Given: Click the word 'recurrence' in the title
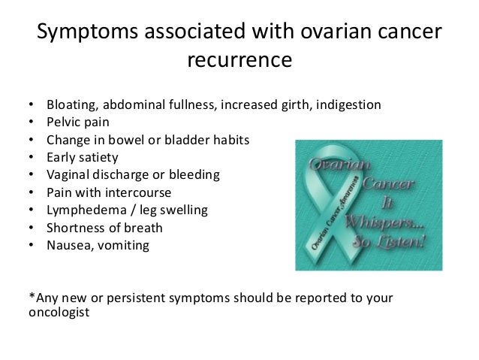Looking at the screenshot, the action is pyautogui.click(x=239, y=59).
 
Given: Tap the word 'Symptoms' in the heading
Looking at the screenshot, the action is pyautogui.click(x=88, y=32).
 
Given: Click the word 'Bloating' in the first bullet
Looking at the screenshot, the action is pyautogui.click(x=72, y=105).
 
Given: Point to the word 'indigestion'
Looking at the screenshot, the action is pyautogui.click(x=348, y=105).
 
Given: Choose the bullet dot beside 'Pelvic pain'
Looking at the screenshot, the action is pyautogui.click(x=32, y=122).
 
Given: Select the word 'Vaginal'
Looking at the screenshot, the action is pyautogui.click(x=68, y=175).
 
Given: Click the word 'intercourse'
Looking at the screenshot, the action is pyautogui.click(x=138, y=192).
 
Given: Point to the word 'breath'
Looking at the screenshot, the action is pyautogui.click(x=143, y=228).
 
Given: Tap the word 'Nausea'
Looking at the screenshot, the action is pyautogui.click(x=70, y=245).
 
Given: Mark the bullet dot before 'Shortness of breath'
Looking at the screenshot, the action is pyautogui.click(x=32, y=228).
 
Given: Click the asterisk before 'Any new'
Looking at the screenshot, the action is pyautogui.click(x=32, y=295).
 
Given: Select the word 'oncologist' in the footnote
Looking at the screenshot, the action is pyautogui.click(x=59, y=313).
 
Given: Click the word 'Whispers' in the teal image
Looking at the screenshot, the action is pyautogui.click(x=384, y=222).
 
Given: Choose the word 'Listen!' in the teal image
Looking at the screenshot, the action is pyautogui.click(x=401, y=242).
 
